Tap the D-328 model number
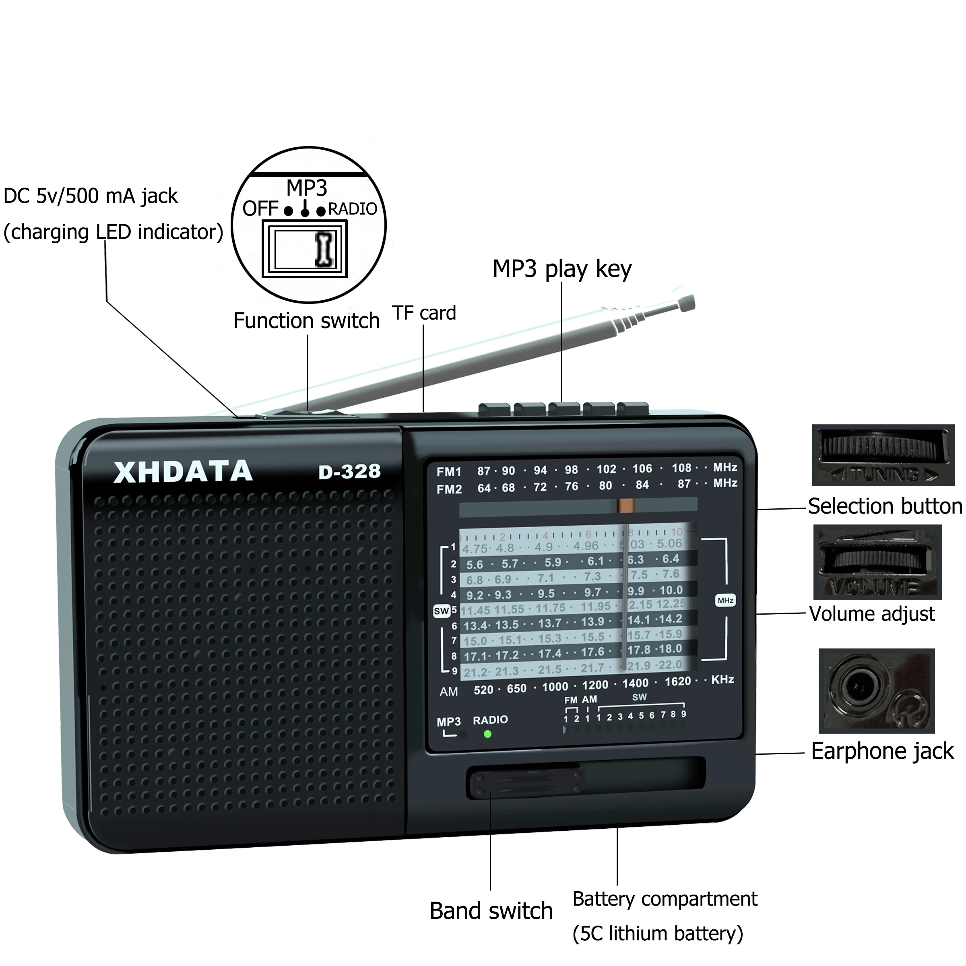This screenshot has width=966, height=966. point(349,471)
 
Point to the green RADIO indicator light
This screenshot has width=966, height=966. point(487,734)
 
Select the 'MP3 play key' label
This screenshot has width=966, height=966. point(561,268)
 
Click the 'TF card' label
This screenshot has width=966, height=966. point(424,313)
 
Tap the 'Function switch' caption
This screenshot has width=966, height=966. point(306,320)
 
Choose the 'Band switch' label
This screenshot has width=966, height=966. point(491,910)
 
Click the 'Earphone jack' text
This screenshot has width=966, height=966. point(882,751)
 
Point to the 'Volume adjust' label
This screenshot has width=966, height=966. point(871,614)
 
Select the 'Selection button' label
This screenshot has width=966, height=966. point(885,506)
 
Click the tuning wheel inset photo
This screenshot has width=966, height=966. point(883,455)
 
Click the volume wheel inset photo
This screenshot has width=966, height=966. point(877,561)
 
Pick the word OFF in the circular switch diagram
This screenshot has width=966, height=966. point(260,208)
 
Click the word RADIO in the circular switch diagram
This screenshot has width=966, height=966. point(353,209)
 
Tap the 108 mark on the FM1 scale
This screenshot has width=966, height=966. point(681,468)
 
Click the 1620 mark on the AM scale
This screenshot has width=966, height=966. point(677,681)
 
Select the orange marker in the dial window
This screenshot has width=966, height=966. point(625,506)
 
